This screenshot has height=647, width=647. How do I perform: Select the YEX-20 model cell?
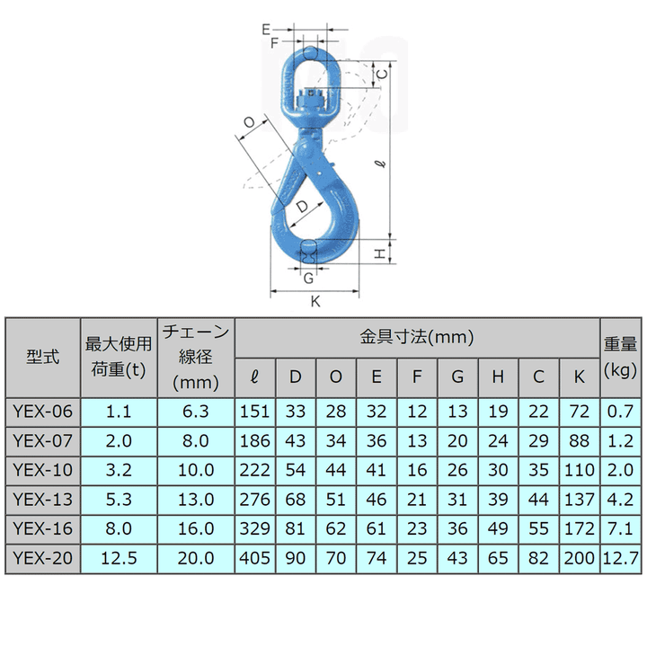pos(42,557)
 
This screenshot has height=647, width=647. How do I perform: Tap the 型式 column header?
pos(42,357)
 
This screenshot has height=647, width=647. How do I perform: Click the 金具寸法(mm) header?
pos(417,338)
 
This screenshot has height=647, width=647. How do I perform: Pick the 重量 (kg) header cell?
pos(620,357)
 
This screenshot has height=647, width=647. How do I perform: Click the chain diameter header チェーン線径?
pos(196,357)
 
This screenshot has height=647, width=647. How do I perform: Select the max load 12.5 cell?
pos(119,557)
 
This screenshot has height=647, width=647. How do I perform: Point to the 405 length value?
pos(255,557)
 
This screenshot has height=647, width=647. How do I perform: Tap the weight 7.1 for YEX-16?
pos(620,528)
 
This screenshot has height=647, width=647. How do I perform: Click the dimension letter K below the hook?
pos(315,302)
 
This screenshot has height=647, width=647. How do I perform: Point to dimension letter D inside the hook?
pos(302,207)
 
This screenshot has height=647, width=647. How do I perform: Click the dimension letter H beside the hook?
pos(380,253)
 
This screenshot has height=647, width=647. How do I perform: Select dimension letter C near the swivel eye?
pos(382,74)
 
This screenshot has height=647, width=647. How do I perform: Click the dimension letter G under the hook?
pos(308,276)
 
